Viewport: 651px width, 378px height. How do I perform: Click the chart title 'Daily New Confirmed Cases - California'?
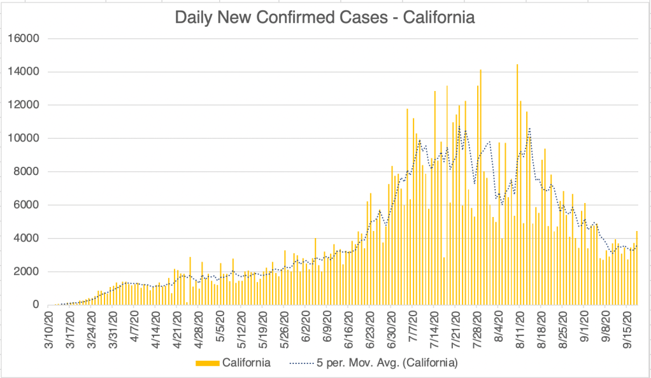coord(325,17)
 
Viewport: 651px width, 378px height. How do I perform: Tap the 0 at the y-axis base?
coord(37,305)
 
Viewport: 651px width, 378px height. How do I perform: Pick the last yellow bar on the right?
coord(637,268)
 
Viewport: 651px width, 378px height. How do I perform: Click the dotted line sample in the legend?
coord(304,363)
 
